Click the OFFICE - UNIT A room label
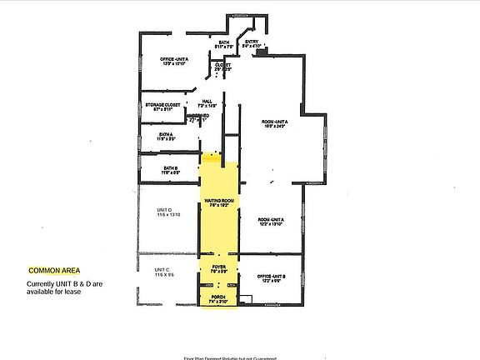175,59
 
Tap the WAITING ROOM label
217,201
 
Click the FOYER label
218,266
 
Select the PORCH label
217,297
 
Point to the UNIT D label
163,209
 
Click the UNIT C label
162,270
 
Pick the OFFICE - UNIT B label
272,276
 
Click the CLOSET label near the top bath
222,63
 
